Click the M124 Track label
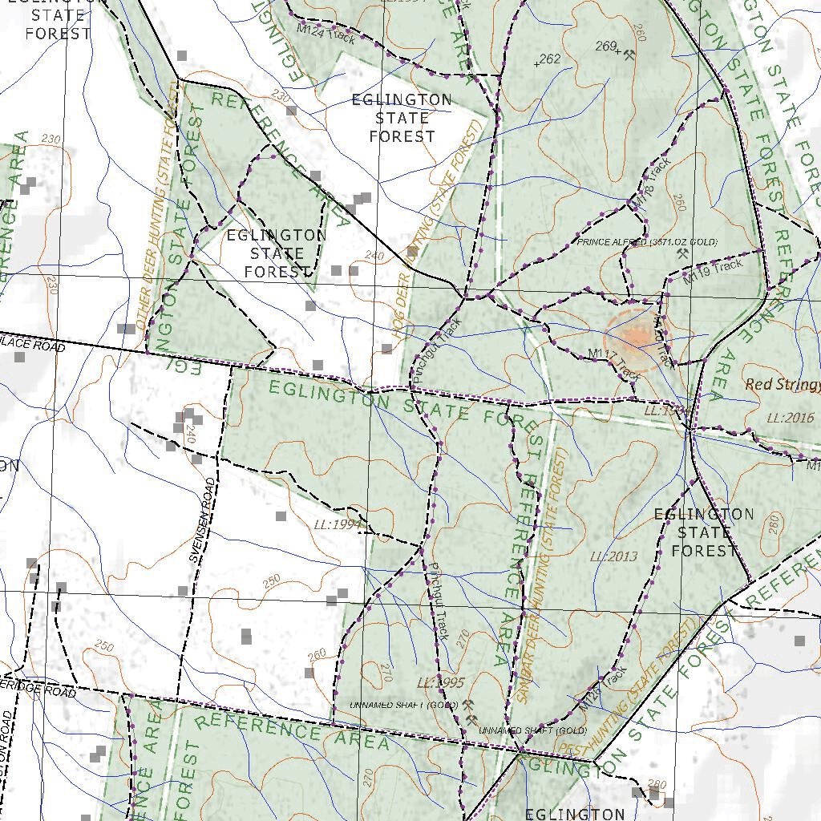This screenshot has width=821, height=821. pyautogui.click(x=326, y=33)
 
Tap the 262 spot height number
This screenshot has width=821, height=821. pyautogui.click(x=550, y=59)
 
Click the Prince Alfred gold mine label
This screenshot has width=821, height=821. pyautogui.click(x=647, y=242)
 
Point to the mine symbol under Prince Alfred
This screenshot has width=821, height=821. pyautogui.click(x=683, y=253)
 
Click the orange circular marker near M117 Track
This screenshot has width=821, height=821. pyautogui.click(x=636, y=334)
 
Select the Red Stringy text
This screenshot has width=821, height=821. pyautogui.click(x=783, y=385)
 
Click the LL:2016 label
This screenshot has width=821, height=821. pyautogui.click(x=790, y=418)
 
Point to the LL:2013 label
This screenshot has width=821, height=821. pyautogui.click(x=613, y=556)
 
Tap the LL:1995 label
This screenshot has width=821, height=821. pyautogui.click(x=441, y=683)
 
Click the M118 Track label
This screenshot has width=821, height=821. pyautogui.click(x=651, y=184)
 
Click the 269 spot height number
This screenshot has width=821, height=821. pyautogui.click(x=605, y=47)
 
